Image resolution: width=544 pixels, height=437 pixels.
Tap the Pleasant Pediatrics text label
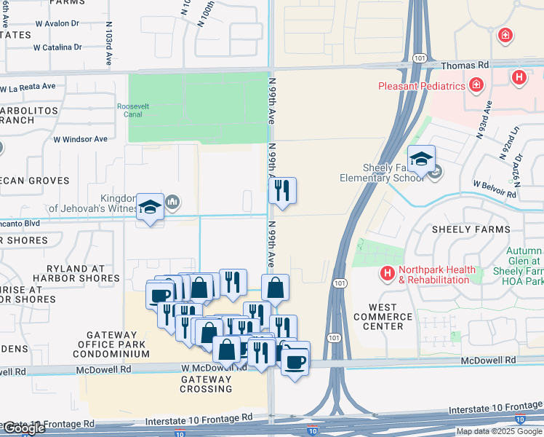(x=421, y=86)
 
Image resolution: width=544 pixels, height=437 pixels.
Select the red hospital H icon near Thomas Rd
(x=519, y=76)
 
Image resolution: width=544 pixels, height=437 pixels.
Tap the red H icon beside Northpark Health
(x=388, y=274)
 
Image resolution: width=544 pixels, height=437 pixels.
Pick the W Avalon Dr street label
(x=55, y=23)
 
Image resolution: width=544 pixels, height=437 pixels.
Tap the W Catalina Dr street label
(x=57, y=47)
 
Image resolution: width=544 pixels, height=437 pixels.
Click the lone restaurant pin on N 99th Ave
(x=282, y=191)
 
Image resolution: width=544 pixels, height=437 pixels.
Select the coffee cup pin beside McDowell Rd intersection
(x=295, y=358)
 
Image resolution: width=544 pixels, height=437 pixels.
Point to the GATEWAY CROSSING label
(x=206, y=384)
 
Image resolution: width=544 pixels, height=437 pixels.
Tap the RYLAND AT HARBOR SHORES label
(x=76, y=273)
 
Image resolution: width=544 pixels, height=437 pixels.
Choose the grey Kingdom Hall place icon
(x=172, y=202)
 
